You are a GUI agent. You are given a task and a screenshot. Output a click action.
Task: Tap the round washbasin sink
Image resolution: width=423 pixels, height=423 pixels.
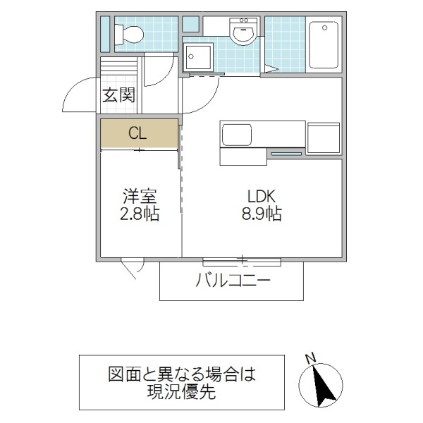(x=245, y=32)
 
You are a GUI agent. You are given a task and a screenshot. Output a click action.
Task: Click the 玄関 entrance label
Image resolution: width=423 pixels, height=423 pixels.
(x=118, y=95)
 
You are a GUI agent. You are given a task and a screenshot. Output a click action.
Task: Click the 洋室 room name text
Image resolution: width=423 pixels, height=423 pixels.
(x=138, y=196)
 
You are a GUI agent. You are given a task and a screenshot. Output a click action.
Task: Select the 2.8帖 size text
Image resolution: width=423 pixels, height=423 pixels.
(x=138, y=213)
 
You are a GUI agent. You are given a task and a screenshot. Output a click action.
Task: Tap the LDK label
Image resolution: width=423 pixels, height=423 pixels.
(x=262, y=196)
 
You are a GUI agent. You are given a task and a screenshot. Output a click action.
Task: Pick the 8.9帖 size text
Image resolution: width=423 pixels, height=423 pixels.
(x=262, y=213)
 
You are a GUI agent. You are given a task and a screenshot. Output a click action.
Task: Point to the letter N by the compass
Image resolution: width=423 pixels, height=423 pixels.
(x=310, y=359)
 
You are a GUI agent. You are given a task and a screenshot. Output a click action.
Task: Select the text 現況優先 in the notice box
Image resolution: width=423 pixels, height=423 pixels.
(x=182, y=391)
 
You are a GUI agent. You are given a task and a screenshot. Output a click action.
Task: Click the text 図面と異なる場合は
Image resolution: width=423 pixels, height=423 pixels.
(x=182, y=374)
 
